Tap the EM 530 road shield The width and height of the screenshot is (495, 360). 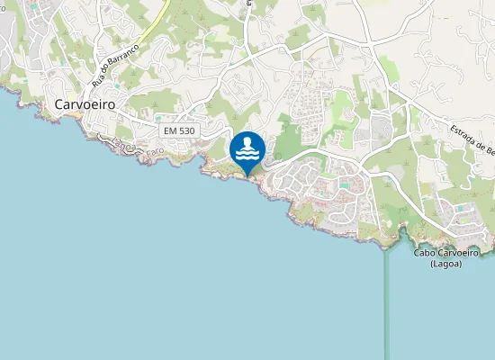pyautogui.click(x=178, y=131)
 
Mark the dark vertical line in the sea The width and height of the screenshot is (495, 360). pyautogui.click(x=387, y=306)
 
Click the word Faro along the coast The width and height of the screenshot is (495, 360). pyautogui.click(x=154, y=150)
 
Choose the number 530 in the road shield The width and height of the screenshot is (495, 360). pyautogui.click(x=185, y=131)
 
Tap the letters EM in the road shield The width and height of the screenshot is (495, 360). pyautogui.click(x=170, y=131)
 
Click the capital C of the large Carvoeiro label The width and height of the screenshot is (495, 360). pyautogui.click(x=59, y=104)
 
